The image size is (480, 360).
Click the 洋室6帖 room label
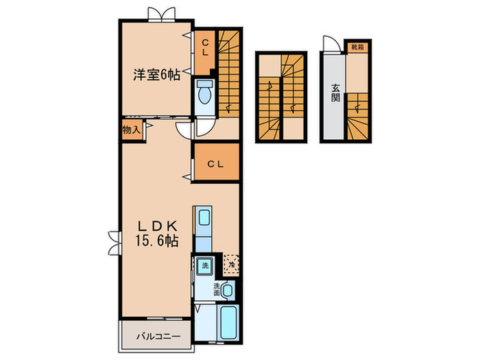156,75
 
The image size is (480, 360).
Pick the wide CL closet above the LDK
216,163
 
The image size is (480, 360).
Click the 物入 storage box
132,130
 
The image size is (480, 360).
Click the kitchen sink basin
204,218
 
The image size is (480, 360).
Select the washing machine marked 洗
204,265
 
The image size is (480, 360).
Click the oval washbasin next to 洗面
228,291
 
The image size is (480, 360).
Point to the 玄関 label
336,92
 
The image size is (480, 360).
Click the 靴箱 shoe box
357,47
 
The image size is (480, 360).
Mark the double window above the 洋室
157,14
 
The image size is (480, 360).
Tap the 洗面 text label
217,288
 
